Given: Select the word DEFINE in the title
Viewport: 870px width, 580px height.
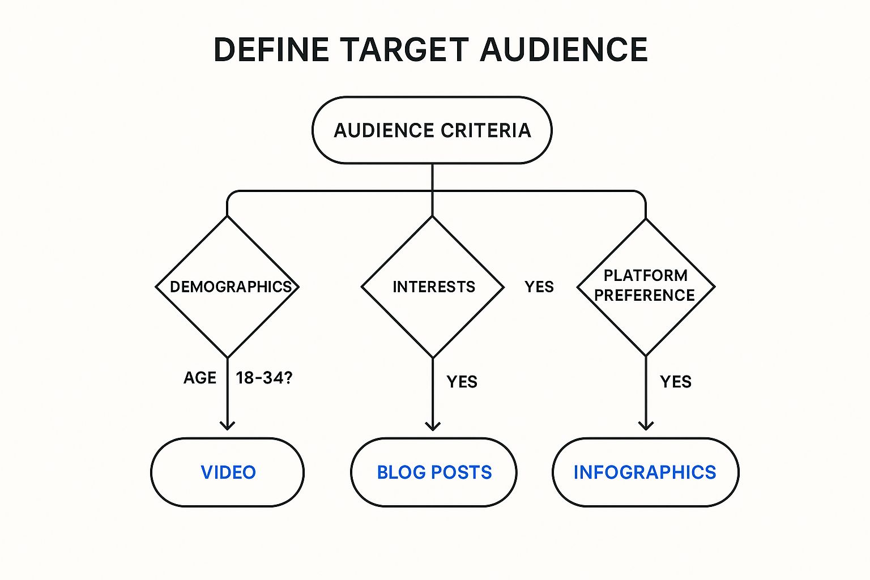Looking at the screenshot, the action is pos(271,50).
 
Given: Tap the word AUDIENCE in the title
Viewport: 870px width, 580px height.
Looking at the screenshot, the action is pos(564,50).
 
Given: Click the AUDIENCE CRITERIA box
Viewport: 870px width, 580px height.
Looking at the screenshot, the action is pos(432,130).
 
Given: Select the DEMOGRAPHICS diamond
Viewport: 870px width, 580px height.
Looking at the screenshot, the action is pos(227,287).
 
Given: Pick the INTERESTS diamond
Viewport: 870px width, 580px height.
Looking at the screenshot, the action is pos(433,287).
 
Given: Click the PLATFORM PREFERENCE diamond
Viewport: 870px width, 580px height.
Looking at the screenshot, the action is pos(646,287).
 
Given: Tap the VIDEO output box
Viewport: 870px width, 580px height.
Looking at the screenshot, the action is pos(227,472).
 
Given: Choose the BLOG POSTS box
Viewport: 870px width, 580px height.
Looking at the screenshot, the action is pos(434,472).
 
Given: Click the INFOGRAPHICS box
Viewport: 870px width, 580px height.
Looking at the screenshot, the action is pos(646,472).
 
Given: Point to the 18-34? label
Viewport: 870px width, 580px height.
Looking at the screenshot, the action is pos(264,378).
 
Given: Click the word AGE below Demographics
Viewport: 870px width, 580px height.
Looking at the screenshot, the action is pos(199,378).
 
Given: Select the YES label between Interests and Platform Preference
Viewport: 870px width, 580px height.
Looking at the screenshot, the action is pos(539,287).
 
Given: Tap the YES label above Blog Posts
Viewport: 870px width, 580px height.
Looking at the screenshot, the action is pos(462,382).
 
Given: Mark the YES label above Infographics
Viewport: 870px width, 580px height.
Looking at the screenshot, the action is pos(676,382).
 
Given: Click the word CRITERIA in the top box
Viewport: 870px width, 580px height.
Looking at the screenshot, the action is pos(486,130).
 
